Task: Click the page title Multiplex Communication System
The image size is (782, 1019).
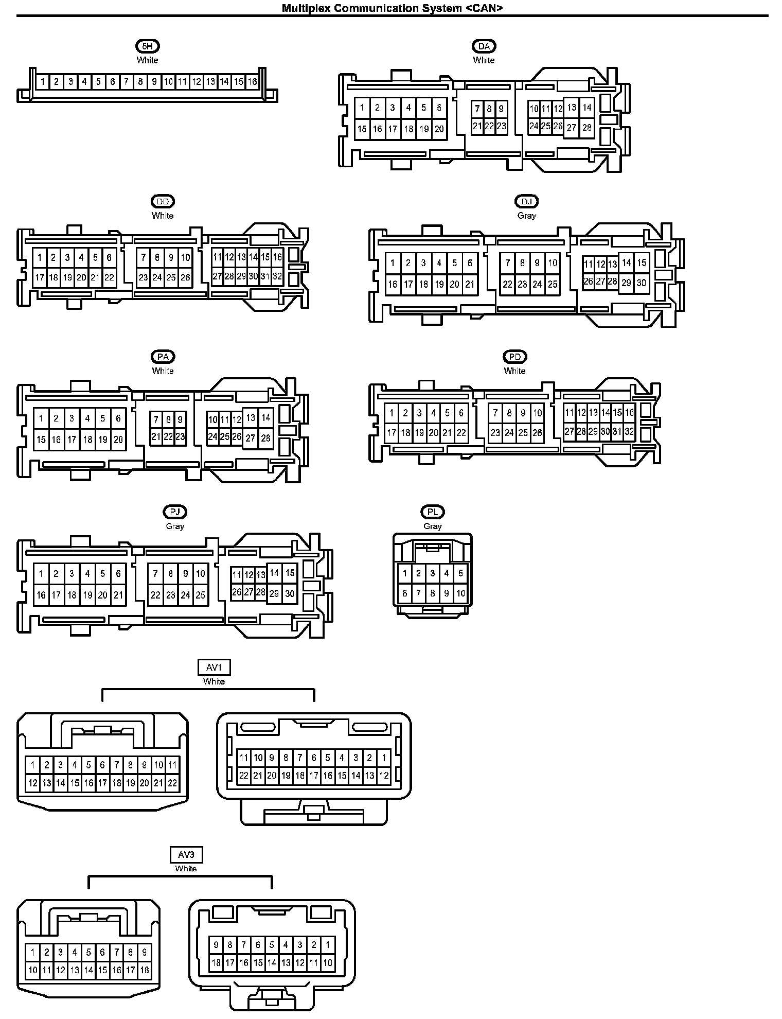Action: click(x=392, y=8)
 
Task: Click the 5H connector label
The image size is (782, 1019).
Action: click(x=147, y=46)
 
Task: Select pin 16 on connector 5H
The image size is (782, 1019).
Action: click(x=252, y=82)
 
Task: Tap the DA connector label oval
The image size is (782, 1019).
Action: click(x=484, y=46)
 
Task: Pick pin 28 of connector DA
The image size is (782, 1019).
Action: click(x=587, y=128)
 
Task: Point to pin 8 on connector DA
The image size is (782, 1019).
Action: click(x=489, y=109)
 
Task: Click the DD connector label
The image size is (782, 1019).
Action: click(x=163, y=202)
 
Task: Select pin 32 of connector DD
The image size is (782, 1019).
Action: click(x=277, y=276)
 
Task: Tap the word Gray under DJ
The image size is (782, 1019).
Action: click(x=526, y=216)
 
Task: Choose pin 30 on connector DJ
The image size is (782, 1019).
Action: click(x=641, y=283)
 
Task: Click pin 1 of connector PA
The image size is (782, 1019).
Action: click(x=41, y=418)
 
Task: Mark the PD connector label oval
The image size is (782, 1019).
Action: click(x=514, y=357)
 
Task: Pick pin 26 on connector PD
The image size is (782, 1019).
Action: click(x=537, y=433)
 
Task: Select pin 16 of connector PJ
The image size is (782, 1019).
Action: click(x=41, y=595)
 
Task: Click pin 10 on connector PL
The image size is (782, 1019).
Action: click(x=460, y=593)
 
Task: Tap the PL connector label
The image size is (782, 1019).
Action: click(x=432, y=513)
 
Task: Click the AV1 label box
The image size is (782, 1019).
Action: click(x=214, y=667)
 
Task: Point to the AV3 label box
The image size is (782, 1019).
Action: click(x=186, y=855)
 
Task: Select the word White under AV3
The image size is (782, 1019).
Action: click(x=186, y=868)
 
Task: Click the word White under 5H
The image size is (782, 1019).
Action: click(x=147, y=60)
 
